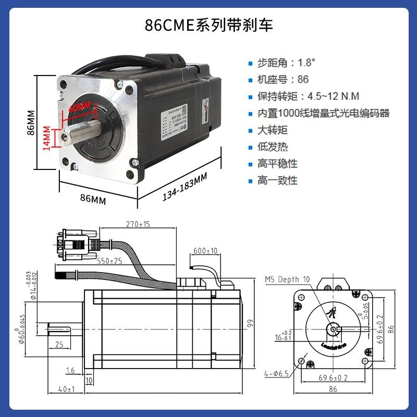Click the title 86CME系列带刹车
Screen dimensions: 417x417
[x=208, y=25]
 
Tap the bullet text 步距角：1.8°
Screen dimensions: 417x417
[x=286, y=63]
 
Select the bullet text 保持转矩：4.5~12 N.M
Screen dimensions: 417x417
[x=308, y=96]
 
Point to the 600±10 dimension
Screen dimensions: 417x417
[x=205, y=251]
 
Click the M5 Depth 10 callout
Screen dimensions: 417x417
[x=287, y=279]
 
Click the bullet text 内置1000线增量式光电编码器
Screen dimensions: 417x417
[x=323, y=113]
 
